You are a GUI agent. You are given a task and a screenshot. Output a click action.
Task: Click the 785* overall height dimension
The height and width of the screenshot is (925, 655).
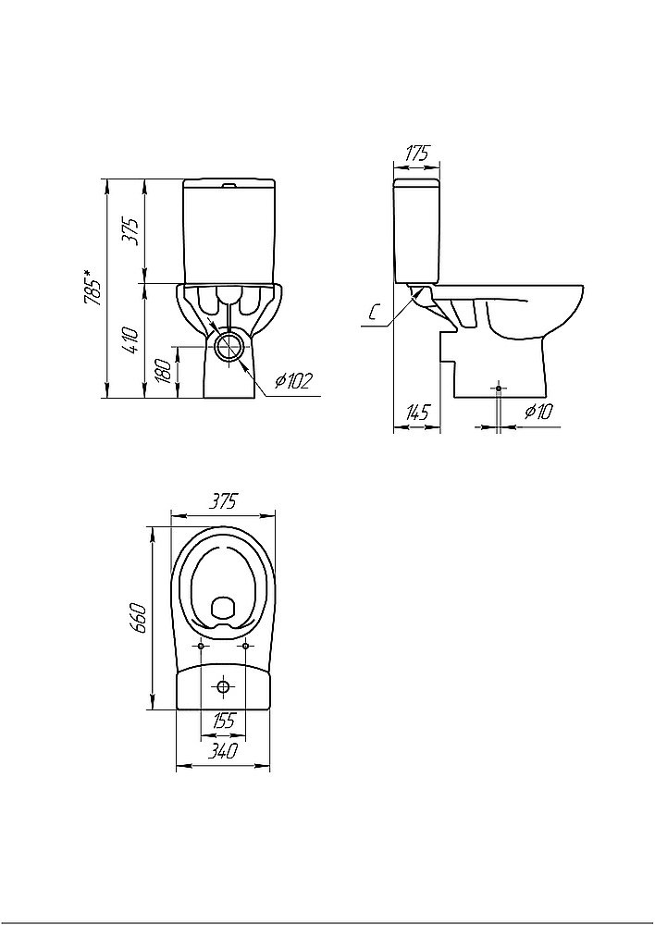[93, 288]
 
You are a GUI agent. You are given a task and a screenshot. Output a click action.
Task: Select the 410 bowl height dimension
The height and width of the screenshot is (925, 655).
[132, 340]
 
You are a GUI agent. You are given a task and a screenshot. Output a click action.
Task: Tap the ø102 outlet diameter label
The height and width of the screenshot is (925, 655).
[292, 382]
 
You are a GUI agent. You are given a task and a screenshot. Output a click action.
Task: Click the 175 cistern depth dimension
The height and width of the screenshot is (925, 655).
[416, 154]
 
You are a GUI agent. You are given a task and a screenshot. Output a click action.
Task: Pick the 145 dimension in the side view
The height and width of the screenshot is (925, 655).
[416, 413]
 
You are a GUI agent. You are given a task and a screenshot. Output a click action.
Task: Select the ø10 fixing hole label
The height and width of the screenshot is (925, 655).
[538, 412]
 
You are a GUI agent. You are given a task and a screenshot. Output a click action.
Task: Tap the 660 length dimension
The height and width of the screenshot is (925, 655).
[138, 618]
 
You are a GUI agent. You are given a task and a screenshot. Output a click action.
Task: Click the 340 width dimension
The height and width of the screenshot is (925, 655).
[223, 752]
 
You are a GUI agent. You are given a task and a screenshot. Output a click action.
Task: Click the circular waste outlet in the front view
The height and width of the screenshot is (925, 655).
[230, 346]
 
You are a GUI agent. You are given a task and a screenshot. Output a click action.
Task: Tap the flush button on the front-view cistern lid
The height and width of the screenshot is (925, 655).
[229, 186]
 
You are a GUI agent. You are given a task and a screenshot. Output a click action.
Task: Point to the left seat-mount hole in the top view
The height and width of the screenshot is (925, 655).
[202, 647]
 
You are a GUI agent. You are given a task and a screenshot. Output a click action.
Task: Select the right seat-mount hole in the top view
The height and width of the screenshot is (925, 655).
[245, 647]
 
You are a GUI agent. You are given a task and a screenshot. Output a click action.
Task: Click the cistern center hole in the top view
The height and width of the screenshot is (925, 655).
[224, 686]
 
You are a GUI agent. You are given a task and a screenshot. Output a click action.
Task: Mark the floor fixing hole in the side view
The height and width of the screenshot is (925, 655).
[499, 388]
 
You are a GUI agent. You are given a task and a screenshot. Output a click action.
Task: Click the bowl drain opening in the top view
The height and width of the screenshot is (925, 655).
[223, 608]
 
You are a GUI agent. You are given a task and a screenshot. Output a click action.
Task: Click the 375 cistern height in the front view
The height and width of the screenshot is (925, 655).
[132, 231]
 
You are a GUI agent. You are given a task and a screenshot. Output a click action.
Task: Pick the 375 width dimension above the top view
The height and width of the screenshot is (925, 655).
[223, 501]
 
